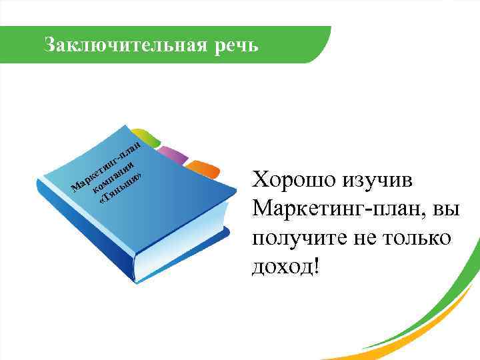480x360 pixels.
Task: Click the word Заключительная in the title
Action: pyautogui.click(x=120, y=45)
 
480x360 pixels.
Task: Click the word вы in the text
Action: pyautogui.click(x=445, y=209)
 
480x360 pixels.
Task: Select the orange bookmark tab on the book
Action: pyautogui.click(x=203, y=170)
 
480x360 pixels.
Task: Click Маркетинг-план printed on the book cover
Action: pyautogui.click(x=107, y=163)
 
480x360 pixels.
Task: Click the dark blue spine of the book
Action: pyautogui.click(x=87, y=233)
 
